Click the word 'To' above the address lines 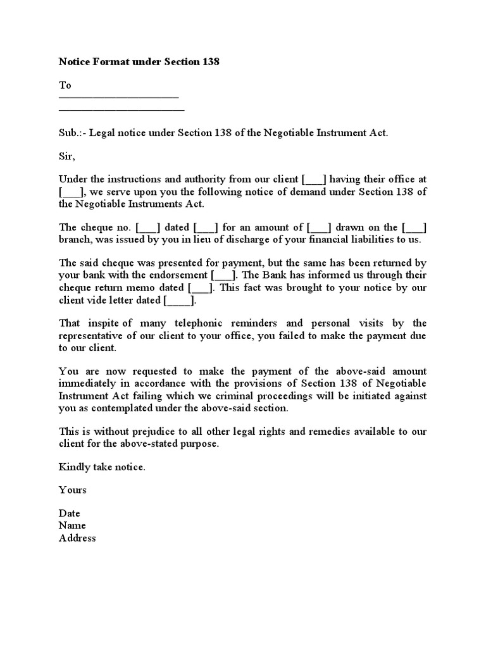(65, 85)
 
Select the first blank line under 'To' (119, 97)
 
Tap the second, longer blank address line (121, 109)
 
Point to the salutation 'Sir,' (66, 156)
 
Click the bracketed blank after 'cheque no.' (148, 228)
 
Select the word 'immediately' (87, 384)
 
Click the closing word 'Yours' (73, 490)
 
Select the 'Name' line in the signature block (72, 525)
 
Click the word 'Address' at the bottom (77, 538)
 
